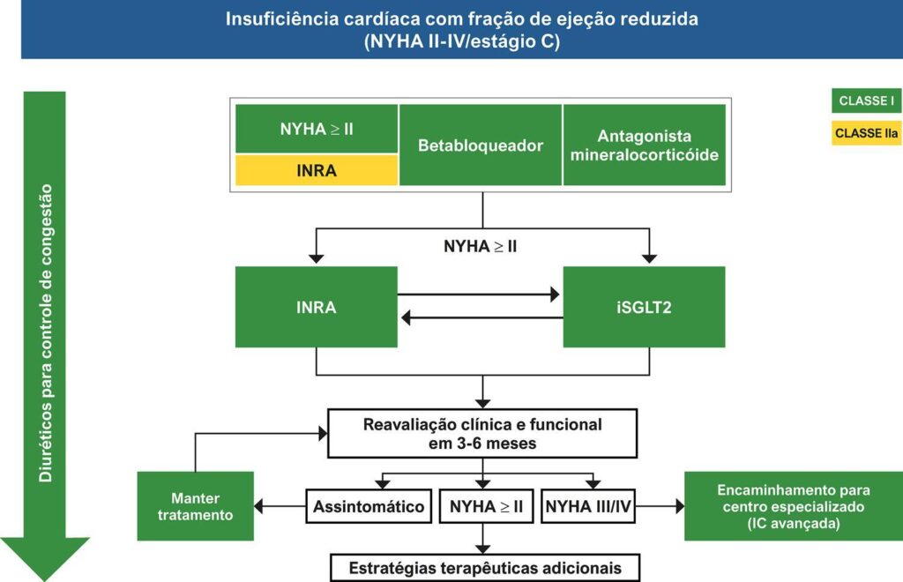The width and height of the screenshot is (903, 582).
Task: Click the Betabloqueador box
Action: tap(481, 145)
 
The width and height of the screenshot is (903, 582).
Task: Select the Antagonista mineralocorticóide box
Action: tap(644, 145)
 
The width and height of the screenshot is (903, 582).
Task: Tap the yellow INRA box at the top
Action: tap(317, 170)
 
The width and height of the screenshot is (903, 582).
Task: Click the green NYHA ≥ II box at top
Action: tap(317, 129)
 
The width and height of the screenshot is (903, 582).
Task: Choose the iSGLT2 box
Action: tap(644, 307)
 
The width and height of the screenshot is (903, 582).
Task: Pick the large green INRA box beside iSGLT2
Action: tap(317, 307)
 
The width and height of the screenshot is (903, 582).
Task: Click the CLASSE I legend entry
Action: tap(866, 101)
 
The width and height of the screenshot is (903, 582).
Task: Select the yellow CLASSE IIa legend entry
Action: tap(866, 132)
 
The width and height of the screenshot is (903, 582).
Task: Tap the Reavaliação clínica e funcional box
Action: tap(482, 434)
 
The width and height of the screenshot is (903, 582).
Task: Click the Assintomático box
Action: tap(369, 507)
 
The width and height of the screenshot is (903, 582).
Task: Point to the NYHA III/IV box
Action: tap(587, 507)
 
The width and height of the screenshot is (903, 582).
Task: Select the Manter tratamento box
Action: tap(195, 506)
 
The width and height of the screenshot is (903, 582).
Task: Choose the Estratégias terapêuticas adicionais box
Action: tap(484, 568)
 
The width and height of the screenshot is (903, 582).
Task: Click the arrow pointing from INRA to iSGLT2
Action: tap(481, 295)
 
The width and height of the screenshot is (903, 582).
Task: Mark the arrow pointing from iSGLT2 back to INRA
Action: tap(481, 317)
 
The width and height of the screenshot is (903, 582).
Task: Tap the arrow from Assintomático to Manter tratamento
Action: tap(280, 507)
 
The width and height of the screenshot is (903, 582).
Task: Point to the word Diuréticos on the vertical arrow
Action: tap(45, 446)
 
